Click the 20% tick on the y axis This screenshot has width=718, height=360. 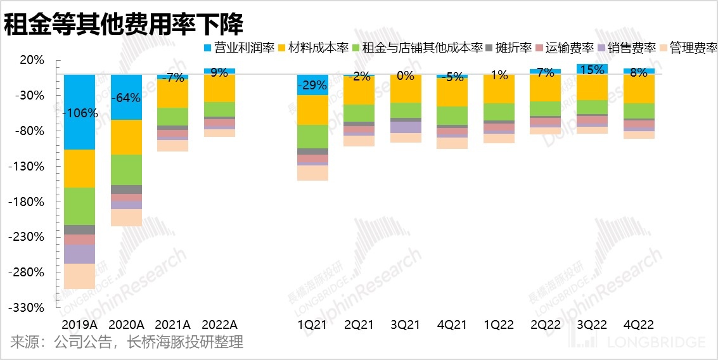click(32, 60)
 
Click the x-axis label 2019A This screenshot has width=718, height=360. click(79, 324)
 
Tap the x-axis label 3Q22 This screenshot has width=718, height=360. click(592, 324)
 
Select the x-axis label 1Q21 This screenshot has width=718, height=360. click(312, 324)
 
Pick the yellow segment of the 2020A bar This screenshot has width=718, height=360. click(126, 137)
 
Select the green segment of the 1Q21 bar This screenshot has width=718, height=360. click(312, 136)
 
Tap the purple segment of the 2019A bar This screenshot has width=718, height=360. click(80, 254)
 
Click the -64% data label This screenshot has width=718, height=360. click(126, 98)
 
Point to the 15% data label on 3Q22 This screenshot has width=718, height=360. click(592, 70)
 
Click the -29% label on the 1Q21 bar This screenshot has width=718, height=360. click(312, 84)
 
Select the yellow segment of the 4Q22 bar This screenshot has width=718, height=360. click(639, 88)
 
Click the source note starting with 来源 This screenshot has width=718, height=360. click(126, 342)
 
